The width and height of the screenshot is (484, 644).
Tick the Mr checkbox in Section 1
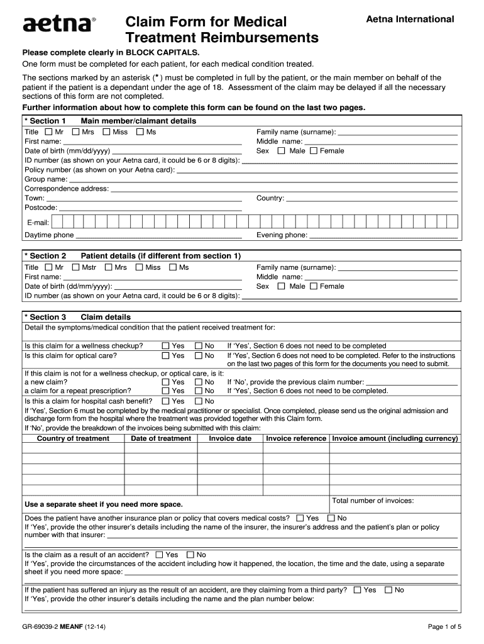49,132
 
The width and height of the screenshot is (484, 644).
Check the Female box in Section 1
314,151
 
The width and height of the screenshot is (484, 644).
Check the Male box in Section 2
281,286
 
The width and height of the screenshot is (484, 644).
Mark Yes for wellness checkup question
165,346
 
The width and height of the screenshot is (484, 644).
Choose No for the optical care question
199,355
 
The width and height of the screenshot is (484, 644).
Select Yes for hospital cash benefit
165,401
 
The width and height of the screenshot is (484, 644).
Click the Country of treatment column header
73,438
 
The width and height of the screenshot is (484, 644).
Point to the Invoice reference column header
296,438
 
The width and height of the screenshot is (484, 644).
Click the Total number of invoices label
373,501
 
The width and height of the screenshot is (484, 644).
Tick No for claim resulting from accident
190,555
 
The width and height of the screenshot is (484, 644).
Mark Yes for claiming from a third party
357,590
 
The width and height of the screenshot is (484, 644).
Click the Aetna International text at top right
410,19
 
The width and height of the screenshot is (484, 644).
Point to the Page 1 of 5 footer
444,626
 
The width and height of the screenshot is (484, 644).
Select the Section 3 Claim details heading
77,317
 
